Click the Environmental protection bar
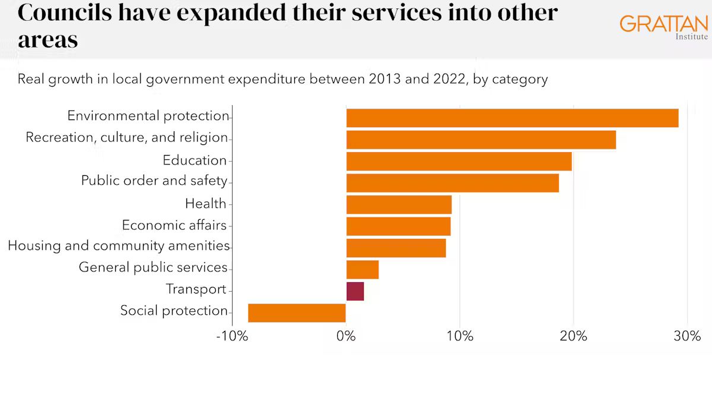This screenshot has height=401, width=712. (512, 118)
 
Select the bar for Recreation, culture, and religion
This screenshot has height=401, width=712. (481, 140)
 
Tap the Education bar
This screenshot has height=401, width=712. (459, 162)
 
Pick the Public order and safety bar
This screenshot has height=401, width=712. (452, 183)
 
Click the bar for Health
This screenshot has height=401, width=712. (399, 204)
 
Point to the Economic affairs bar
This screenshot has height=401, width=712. (398, 226)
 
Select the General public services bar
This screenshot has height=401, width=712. (362, 270)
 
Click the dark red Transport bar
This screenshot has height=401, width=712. (355, 291)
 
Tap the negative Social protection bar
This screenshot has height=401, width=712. (297, 312)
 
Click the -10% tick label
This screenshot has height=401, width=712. (231, 336)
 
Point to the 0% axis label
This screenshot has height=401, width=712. (346, 336)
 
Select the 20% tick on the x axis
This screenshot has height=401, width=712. (573, 336)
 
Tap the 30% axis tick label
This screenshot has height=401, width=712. (687, 336)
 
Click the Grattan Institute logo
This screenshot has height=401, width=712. (663, 26)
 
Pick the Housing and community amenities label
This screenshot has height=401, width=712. (119, 245)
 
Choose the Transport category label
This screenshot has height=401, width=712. (196, 289)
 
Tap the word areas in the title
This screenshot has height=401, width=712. (47, 40)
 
